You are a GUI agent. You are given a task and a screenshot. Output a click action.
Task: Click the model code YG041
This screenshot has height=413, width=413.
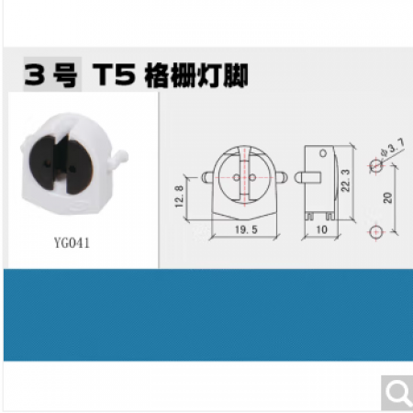(72, 243)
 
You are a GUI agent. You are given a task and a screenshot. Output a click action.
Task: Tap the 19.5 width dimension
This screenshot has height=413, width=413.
(246, 229)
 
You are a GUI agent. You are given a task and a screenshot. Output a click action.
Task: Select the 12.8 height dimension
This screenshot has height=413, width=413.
(180, 196)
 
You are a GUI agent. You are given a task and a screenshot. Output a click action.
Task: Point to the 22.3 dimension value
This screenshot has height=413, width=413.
(345, 181)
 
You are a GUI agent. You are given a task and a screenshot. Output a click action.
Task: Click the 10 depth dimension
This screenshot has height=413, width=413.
(321, 229)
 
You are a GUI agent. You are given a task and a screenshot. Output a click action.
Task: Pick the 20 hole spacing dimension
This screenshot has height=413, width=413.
(388, 197)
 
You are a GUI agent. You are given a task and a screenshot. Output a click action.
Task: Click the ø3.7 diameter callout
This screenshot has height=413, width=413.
(393, 148)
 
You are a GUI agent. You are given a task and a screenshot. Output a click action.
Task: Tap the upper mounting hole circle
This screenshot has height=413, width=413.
(376, 166)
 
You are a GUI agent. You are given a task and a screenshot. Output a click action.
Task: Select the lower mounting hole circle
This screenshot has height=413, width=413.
(376, 232)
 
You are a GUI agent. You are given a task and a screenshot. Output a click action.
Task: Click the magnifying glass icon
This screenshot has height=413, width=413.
(397, 393)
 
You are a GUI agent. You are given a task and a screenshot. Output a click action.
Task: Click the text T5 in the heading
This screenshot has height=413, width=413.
(114, 75)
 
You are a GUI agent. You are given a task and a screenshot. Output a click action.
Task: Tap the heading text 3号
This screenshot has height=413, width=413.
(50, 75)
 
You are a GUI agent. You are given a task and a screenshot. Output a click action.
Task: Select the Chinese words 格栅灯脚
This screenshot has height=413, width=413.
(196, 75)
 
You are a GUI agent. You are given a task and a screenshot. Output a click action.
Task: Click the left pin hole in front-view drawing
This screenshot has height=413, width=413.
(237, 177)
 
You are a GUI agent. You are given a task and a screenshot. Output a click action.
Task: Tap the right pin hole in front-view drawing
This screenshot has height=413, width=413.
(252, 177)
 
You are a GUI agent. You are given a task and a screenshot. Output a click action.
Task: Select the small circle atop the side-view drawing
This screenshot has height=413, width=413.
(323, 153)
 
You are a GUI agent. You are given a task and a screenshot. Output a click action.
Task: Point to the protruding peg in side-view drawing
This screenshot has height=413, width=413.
(307, 178)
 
